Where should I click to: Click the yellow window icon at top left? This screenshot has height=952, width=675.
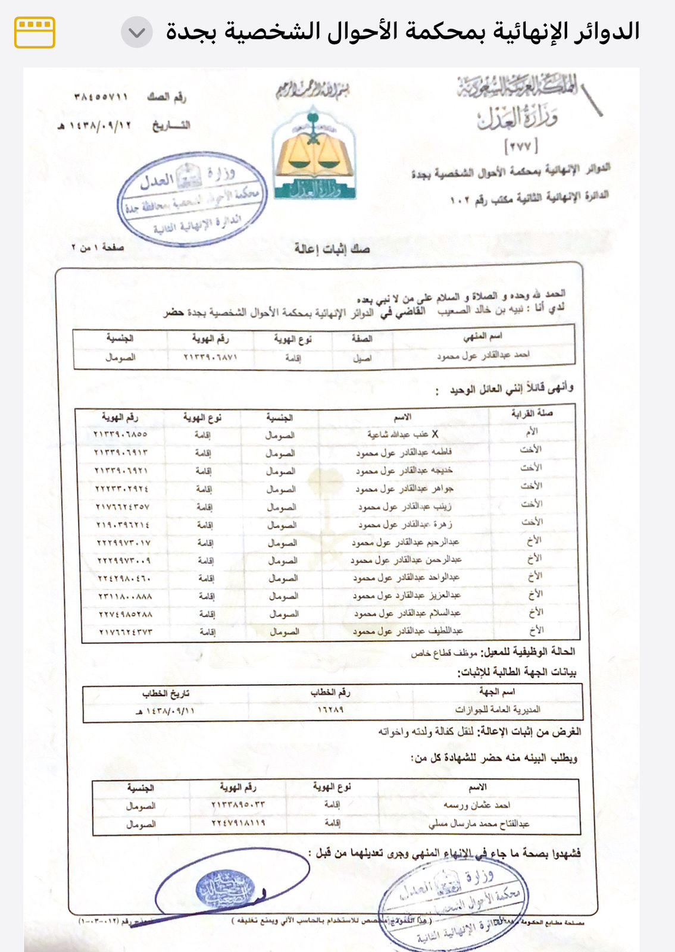coord(35,32)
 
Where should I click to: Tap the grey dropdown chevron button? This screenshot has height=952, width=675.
coord(137,32)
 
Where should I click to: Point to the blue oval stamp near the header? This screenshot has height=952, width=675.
coord(192,199)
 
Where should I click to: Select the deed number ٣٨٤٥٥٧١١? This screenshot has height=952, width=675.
coord(101,96)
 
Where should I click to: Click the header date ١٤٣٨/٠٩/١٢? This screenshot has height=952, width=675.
coord(95,126)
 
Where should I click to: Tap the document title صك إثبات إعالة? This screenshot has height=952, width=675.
coord(332,249)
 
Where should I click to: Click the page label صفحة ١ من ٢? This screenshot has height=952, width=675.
coord(98,247)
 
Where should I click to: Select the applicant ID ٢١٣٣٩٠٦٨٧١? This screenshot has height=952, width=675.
coord(211,357)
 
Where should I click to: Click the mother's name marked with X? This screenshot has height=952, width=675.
coord(402,434)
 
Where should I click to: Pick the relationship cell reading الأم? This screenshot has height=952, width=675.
coord(532,431)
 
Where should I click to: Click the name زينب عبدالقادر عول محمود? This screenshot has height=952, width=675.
coord(405,506)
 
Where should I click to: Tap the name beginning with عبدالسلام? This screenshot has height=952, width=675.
coord(407,613)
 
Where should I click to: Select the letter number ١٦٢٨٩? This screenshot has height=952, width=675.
coord(330,709)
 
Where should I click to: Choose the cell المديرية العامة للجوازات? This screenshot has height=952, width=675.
coord(498,709)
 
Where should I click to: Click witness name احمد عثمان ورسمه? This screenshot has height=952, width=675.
coord(477,805)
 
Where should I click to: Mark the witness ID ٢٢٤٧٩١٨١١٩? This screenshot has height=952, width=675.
coord(238,823)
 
